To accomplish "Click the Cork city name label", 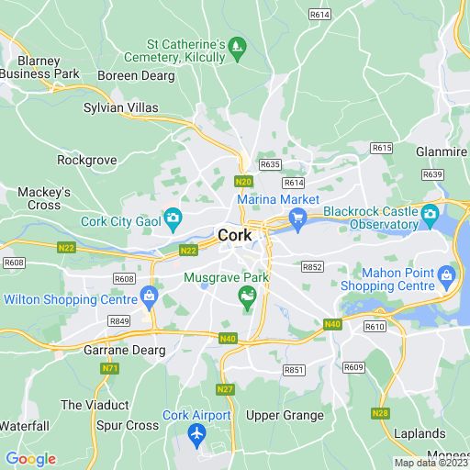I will coord(235,236).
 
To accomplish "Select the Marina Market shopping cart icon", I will coord(297,217).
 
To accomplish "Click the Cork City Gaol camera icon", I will coord(172,218).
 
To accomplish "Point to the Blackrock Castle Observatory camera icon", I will coord(430,217).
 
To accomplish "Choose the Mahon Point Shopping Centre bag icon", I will coord(446,274).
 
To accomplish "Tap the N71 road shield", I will coord(109,368).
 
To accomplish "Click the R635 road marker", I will coord(270,164).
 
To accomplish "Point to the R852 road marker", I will coord(313,267).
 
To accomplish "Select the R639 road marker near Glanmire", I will coord(431,174).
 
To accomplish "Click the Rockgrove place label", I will coord(87,160).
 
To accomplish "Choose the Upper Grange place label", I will coord(285,415).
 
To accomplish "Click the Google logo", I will coord(30,459).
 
